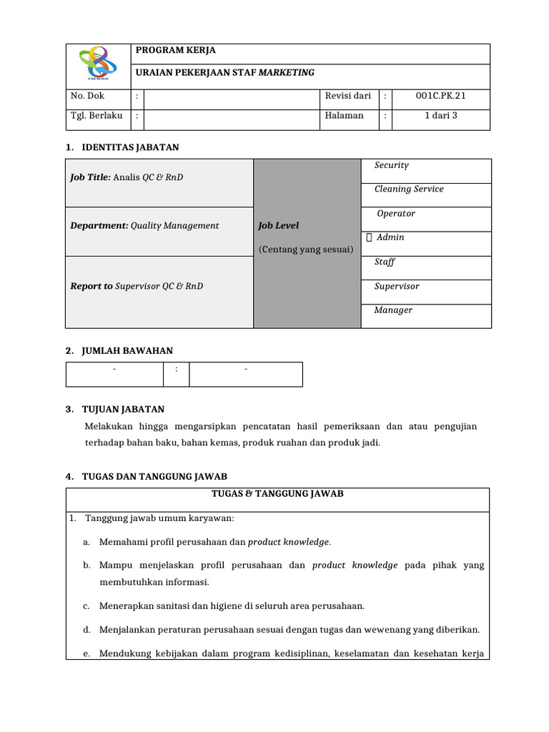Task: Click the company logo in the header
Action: point(97,64)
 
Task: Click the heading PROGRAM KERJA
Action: point(175,51)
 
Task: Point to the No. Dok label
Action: point(86,95)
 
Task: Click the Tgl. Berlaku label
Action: point(97,115)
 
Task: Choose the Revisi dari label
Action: point(348,95)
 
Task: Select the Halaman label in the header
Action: point(344,115)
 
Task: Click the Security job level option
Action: point(392,165)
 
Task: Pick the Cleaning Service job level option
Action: point(409,189)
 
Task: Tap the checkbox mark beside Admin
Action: point(368,237)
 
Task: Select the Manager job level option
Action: point(393,310)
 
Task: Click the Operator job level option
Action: point(396,214)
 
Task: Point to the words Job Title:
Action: point(90,177)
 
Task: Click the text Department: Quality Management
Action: point(144,226)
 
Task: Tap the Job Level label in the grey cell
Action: point(279,226)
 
